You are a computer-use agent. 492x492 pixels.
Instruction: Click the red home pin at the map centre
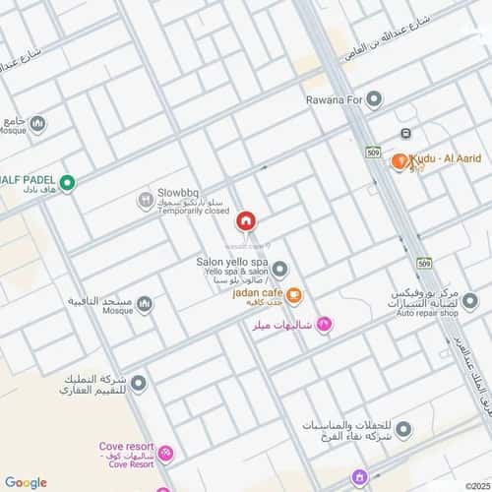(245, 219)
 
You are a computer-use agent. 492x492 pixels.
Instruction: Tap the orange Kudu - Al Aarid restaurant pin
(400, 160)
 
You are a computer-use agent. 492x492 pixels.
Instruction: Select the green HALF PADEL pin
(67, 181)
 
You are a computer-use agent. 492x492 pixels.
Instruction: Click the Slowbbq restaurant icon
(145, 200)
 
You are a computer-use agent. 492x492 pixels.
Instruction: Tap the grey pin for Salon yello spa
(279, 269)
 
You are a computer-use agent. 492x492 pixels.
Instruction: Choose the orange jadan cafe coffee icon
(294, 294)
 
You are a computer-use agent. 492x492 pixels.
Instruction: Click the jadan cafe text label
(258, 293)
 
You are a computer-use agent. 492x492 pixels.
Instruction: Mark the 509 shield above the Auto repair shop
(423, 265)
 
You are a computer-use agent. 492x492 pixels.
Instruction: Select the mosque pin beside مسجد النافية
(145, 303)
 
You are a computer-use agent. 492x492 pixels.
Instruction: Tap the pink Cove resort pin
(165, 454)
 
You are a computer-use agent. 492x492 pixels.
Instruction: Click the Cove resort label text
(123, 446)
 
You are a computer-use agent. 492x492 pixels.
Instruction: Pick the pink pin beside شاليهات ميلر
(325, 326)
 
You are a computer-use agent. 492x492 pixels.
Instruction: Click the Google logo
(26, 482)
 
